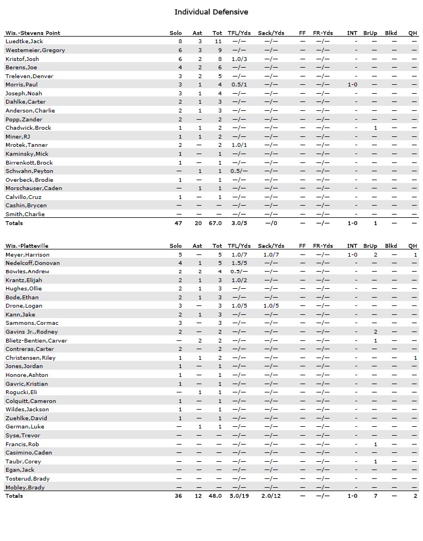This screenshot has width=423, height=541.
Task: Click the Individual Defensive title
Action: point(211,12)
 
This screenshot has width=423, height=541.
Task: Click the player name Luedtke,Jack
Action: point(24,42)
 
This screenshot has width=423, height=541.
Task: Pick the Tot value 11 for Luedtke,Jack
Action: point(218,42)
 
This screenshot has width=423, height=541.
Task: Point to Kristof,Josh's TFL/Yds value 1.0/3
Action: point(239,59)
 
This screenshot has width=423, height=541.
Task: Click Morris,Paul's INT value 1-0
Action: point(352,84)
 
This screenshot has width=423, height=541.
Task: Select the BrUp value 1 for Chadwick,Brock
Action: point(375,127)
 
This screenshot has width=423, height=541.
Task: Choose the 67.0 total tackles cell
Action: point(215,223)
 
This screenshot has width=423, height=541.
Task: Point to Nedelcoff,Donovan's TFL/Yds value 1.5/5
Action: point(239,263)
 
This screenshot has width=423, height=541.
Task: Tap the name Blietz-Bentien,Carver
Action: point(36,340)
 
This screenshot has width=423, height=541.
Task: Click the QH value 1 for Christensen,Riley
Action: point(415,358)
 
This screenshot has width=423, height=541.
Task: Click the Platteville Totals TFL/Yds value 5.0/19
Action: point(239,496)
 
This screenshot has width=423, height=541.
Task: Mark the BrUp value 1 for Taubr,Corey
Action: point(375,461)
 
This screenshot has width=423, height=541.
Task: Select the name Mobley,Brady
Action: point(25,487)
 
